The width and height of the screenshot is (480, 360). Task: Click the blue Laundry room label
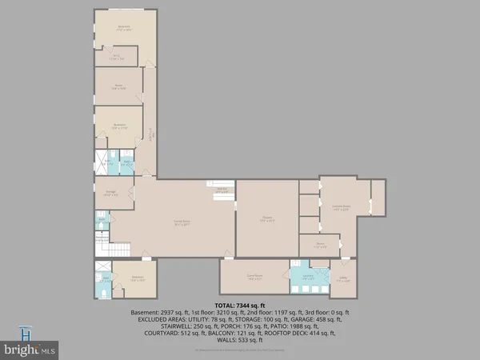point(308,278)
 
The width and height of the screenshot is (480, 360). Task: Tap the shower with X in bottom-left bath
point(102,268)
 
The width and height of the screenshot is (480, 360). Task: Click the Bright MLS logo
point(30,345)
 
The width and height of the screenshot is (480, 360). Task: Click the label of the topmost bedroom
point(123,29)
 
